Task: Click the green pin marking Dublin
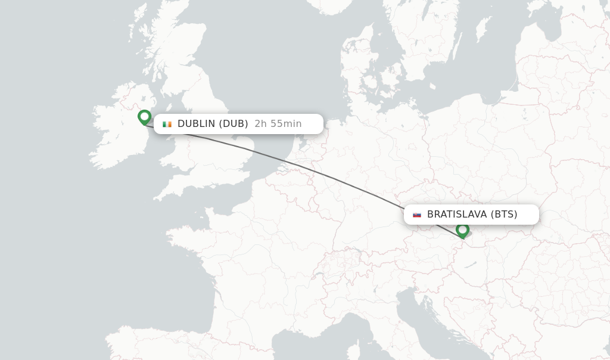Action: (144, 116)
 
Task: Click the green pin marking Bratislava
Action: (462, 229)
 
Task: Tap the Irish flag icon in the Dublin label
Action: (167, 124)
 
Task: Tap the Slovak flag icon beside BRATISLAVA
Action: (417, 215)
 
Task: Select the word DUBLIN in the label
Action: (196, 124)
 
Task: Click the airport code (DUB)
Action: (234, 124)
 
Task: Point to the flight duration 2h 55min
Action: (278, 124)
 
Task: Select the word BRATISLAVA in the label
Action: (456, 215)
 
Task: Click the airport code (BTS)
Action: (504, 215)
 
